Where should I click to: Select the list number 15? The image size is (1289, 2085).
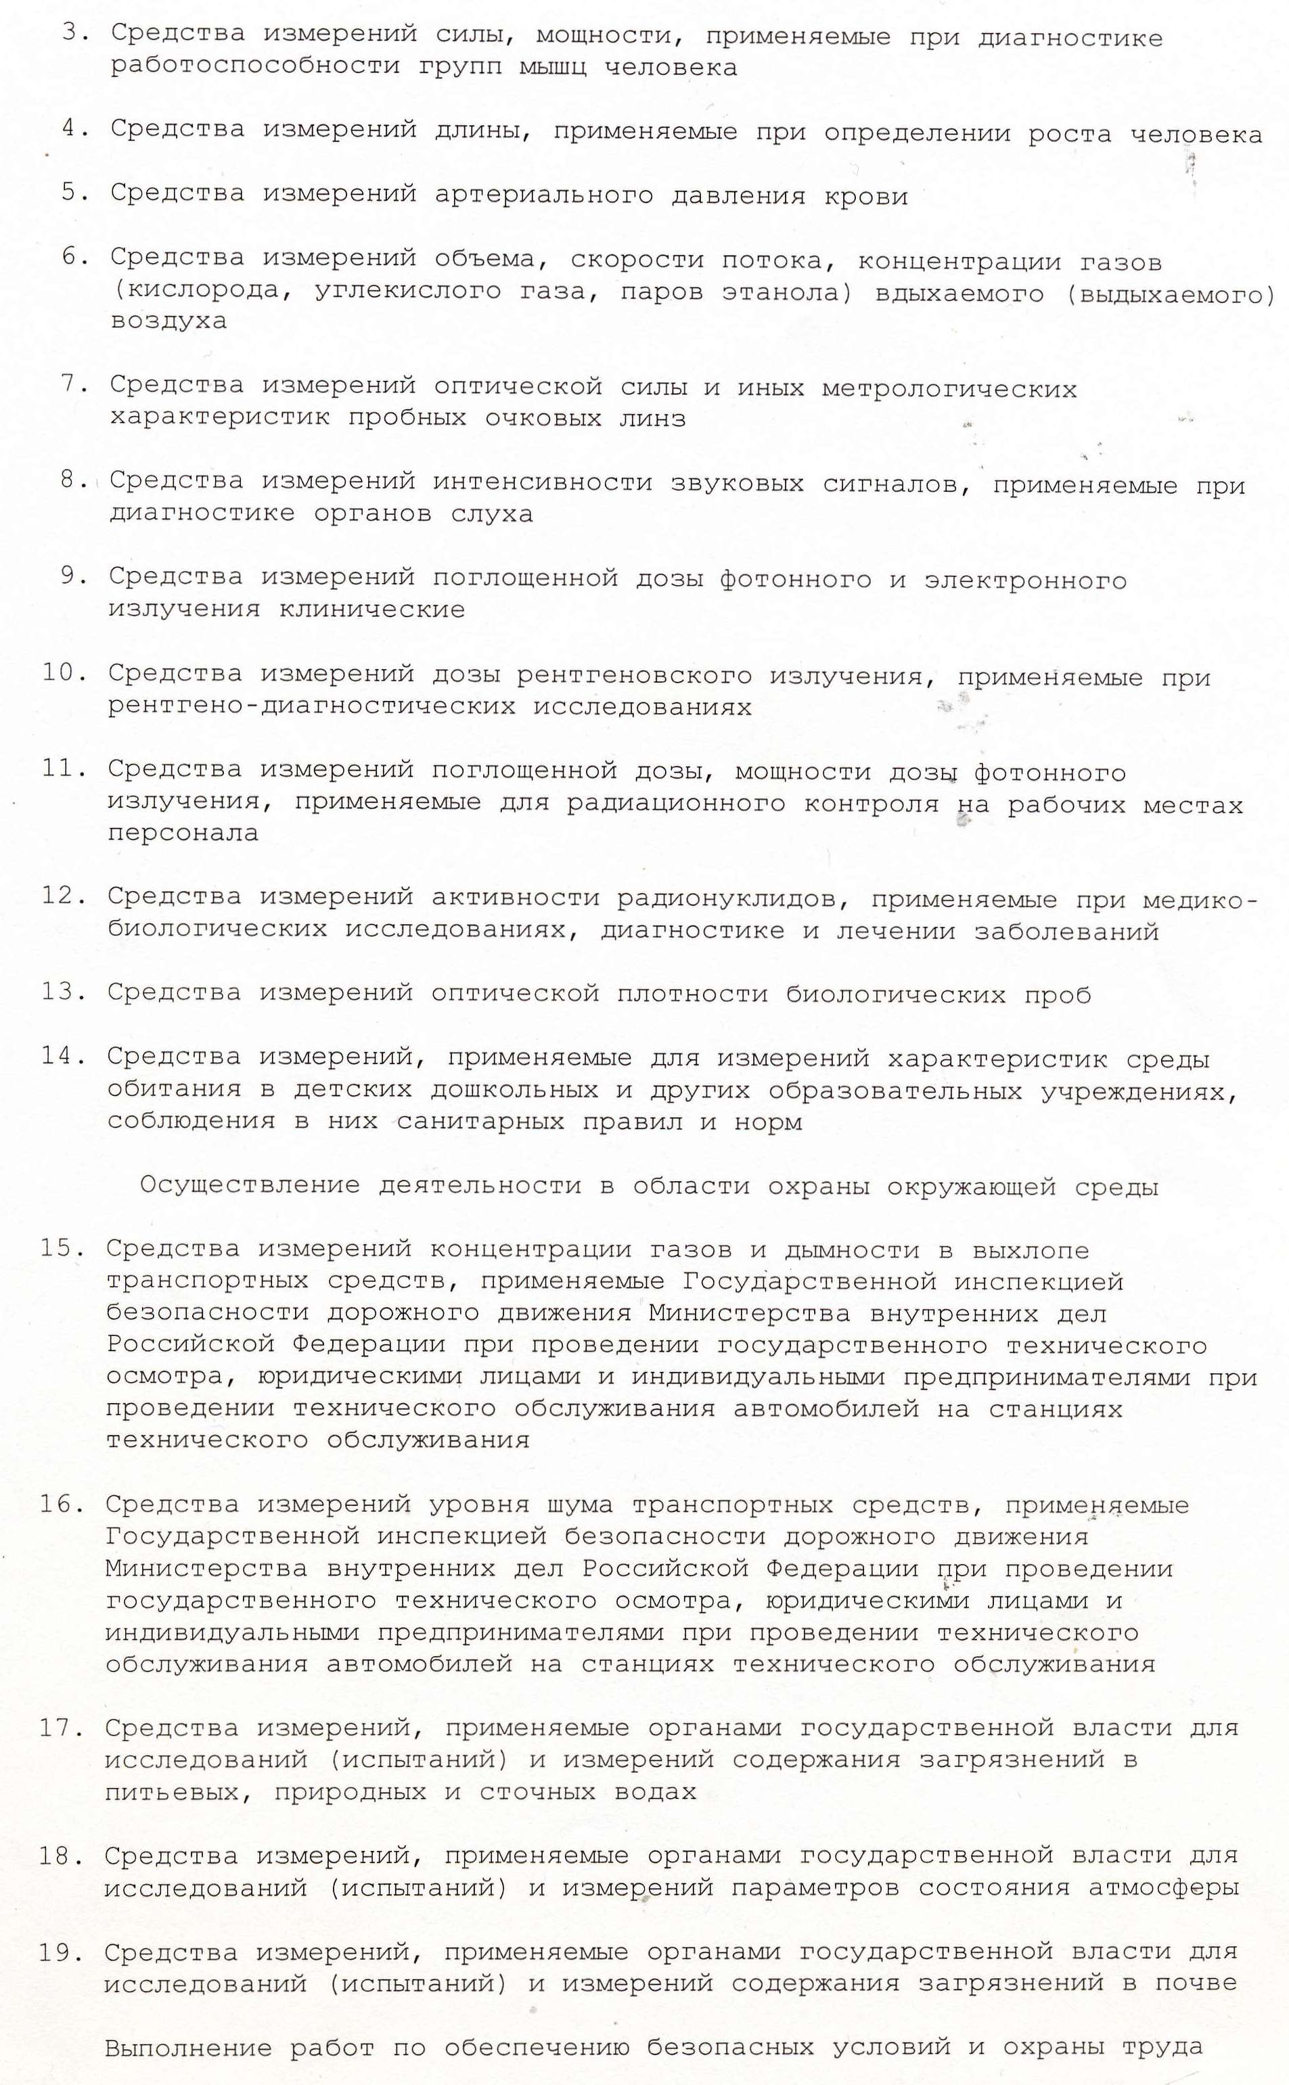[62, 1248]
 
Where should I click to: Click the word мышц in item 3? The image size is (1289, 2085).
[552, 68]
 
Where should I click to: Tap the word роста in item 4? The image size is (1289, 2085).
[1069, 134]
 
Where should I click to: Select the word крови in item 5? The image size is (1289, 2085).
[865, 196]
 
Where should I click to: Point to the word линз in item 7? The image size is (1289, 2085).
[652, 419]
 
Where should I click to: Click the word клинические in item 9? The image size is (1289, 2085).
[371, 610]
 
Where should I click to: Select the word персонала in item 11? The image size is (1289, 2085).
[183, 833]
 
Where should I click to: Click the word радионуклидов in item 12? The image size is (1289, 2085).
[731, 899]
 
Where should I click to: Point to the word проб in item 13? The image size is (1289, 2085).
[1057, 994]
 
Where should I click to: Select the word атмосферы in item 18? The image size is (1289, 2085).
[1163, 1888]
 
